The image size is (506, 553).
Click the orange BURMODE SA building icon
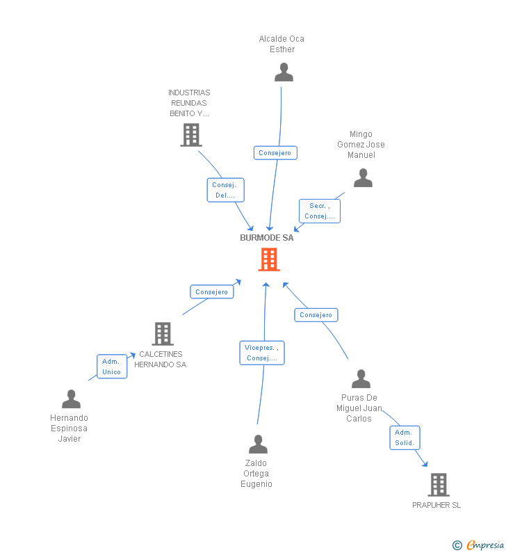click(x=269, y=259)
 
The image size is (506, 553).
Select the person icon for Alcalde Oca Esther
click(x=284, y=72)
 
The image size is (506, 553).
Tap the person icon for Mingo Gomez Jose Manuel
click(x=363, y=178)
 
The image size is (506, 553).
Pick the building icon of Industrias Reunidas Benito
click(x=190, y=135)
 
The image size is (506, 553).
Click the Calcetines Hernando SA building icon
click(x=162, y=334)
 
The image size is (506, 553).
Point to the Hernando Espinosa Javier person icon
click(x=71, y=399)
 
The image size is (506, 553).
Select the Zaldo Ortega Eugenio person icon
click(x=258, y=444)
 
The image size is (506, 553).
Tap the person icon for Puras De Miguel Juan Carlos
click(x=361, y=379)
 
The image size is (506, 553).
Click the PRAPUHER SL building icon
click(x=438, y=485)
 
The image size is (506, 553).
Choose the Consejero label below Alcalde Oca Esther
click(x=275, y=153)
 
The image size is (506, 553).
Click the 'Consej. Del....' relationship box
click(x=225, y=190)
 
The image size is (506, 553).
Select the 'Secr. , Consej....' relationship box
click(x=320, y=211)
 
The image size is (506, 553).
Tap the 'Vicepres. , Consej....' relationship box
click(x=261, y=353)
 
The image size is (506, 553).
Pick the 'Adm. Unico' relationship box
click(x=111, y=367)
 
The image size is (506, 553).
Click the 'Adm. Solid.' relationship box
click(x=405, y=438)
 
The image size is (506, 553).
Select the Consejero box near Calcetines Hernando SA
click(x=211, y=292)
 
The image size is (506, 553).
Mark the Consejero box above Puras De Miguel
click(x=316, y=315)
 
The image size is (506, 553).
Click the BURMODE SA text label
click(x=267, y=238)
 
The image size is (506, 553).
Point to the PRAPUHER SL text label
click(x=436, y=506)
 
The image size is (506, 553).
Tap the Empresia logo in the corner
click(x=479, y=545)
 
